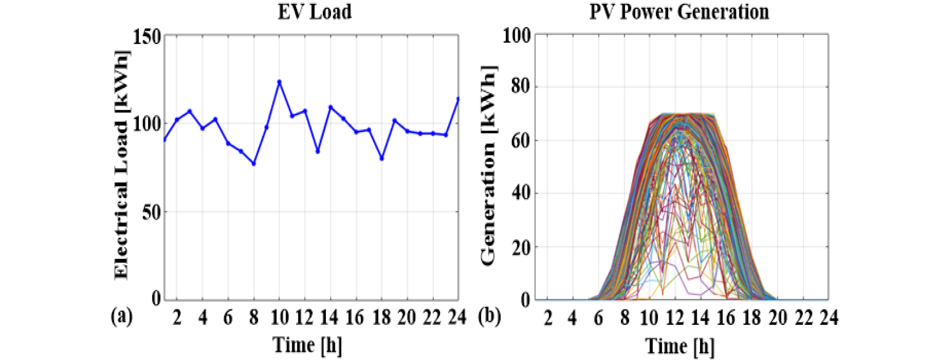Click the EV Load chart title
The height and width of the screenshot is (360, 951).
314,12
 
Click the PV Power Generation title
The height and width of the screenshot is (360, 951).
679,12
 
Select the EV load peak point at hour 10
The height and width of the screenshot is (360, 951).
279,82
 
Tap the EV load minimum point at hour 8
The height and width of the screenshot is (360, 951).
254,164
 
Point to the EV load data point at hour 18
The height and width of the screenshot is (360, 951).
382,159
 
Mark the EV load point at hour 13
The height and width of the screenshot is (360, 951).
318,152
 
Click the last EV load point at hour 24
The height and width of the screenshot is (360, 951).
458,99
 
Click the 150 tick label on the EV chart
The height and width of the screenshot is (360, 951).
147,36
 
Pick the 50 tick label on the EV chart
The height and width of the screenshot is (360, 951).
152,213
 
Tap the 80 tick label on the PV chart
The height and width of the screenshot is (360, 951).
520,87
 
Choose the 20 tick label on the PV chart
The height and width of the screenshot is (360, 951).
520,247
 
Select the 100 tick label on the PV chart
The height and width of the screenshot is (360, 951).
517,36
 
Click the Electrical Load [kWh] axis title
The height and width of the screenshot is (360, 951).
121,165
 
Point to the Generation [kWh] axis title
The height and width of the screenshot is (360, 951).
488,165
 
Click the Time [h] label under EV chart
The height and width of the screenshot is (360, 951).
307,345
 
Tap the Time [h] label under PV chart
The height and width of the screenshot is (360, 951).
680,346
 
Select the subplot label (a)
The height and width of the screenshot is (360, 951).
122,316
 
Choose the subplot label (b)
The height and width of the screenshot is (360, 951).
489,316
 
